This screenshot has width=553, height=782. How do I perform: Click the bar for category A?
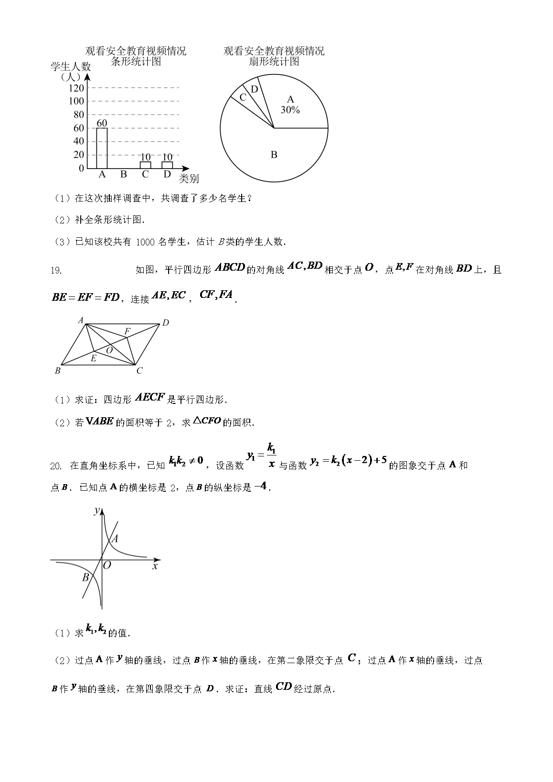[x=102, y=148]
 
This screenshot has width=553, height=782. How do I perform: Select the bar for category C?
[x=145, y=165]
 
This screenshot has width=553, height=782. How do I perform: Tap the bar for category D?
[x=167, y=165]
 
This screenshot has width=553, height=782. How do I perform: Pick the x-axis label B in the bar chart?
[x=124, y=174]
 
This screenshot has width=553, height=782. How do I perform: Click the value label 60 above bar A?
[x=102, y=123]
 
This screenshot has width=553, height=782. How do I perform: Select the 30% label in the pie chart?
[x=290, y=110]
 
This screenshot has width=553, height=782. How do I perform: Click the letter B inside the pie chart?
[x=274, y=155]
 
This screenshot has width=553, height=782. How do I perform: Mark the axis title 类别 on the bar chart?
[x=189, y=179]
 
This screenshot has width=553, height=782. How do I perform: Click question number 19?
[x=56, y=271]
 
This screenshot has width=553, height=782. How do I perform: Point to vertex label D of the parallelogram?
[x=165, y=323]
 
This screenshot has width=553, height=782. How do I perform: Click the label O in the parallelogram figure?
[x=109, y=350]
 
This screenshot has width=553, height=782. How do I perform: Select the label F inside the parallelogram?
[x=127, y=331]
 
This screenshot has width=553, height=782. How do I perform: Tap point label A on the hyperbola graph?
[x=115, y=539]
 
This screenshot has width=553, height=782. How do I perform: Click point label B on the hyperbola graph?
[x=85, y=578]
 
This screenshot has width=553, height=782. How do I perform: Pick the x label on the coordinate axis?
[x=155, y=566]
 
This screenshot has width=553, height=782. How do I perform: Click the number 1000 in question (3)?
[x=145, y=242]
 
